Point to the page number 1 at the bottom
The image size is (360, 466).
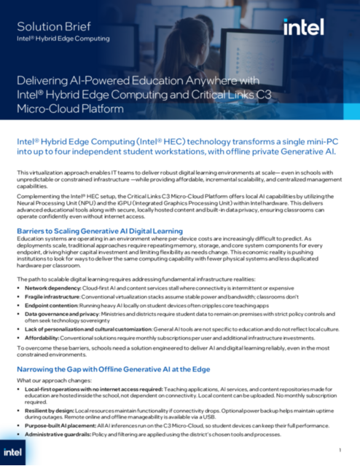pyautogui.click(x=339, y=449)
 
